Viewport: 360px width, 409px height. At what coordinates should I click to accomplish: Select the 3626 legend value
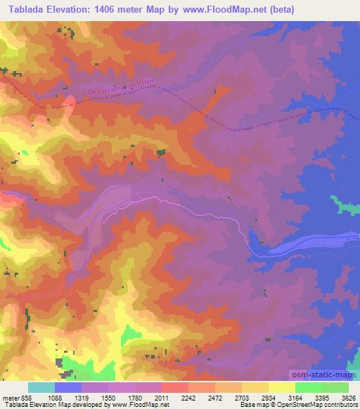click(350, 398)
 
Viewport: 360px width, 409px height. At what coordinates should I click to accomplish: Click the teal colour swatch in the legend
click(41, 387)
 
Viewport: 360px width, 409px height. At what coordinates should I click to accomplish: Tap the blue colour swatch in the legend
click(67, 387)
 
